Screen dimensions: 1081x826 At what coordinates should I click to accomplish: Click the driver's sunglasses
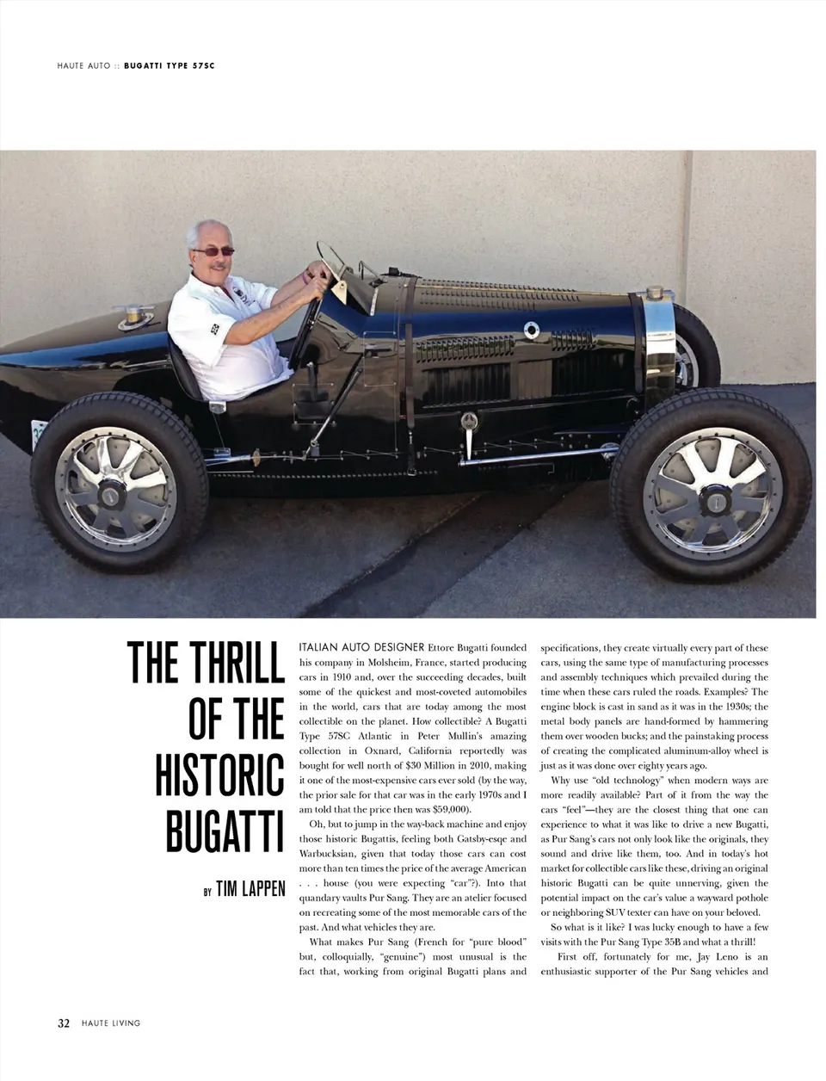[x=213, y=251]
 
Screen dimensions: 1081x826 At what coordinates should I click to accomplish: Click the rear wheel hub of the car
[x=111, y=495]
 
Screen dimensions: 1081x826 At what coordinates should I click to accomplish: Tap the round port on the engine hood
[x=531, y=330]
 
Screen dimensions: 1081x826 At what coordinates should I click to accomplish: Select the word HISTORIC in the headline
[x=220, y=774]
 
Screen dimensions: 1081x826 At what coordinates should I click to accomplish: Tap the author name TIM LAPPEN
[x=250, y=888]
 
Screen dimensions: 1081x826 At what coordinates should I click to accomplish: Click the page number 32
[x=64, y=1023]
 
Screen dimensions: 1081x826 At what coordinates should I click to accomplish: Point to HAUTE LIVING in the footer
[x=111, y=1023]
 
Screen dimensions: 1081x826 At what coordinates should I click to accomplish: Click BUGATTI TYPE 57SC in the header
[x=170, y=65]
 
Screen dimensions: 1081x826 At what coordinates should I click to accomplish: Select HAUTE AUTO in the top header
[x=84, y=65]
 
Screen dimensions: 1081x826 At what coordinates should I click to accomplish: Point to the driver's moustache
[x=218, y=267]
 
